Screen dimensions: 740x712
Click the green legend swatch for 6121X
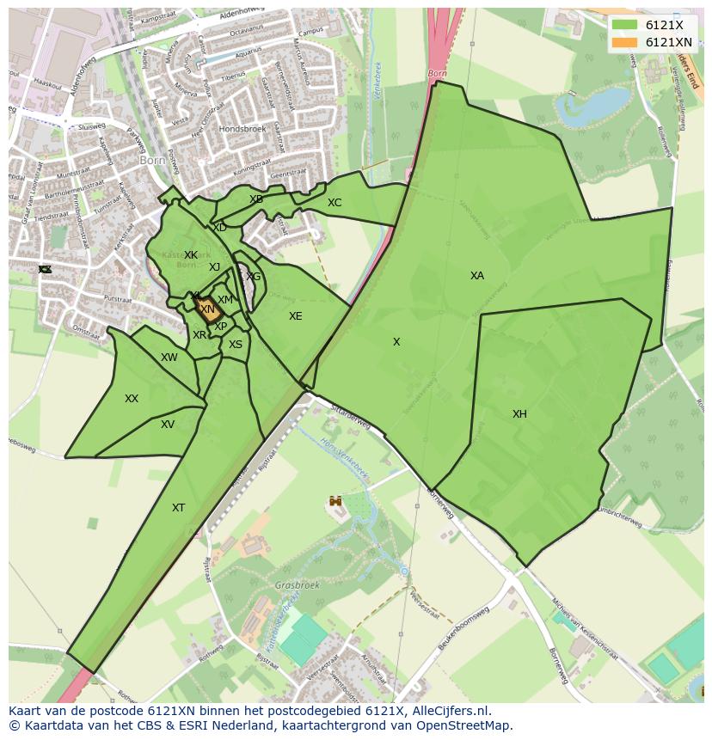[624, 25]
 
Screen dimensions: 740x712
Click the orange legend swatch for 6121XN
[624, 42]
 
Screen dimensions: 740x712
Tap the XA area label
[476, 276]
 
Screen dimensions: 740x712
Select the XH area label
[519, 414]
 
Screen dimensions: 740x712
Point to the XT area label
[178, 508]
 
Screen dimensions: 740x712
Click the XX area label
[132, 399]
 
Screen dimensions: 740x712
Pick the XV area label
[168, 425]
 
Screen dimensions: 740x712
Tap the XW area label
[169, 358]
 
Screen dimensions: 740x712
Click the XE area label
[295, 316]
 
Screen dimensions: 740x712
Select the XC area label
[335, 203]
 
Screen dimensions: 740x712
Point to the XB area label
[256, 199]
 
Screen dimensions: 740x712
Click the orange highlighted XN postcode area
[207, 309]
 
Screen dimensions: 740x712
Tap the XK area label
[191, 255]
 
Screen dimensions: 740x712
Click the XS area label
[236, 345]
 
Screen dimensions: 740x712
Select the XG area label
[253, 277]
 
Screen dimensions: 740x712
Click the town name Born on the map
[152, 160]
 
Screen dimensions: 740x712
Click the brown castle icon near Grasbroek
[335, 500]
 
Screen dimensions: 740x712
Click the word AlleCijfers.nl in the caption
[451, 711]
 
